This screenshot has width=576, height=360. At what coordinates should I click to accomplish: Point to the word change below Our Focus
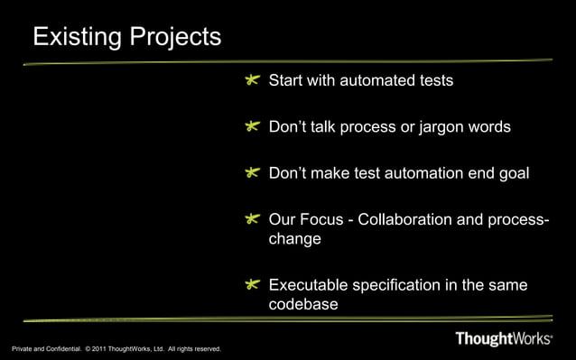(294, 241)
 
